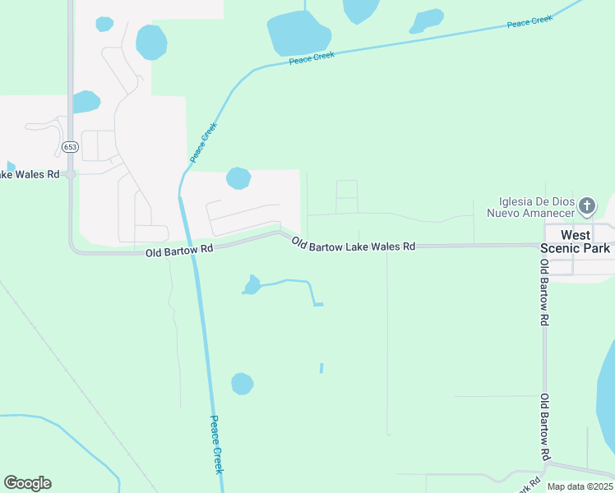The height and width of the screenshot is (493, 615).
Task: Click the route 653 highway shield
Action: pos(70,146)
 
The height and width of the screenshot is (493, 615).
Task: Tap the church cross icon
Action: pos(586,205)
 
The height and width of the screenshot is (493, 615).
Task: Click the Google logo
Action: pos(27,483)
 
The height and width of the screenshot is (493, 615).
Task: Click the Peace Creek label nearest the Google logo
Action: pos(217,444)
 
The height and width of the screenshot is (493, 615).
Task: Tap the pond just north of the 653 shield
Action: pos(86,102)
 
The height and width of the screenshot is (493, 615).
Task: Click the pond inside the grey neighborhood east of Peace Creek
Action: pos(238,177)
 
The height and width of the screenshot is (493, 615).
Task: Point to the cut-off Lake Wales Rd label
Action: pos(30,174)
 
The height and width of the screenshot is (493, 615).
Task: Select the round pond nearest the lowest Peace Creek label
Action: pos(242,384)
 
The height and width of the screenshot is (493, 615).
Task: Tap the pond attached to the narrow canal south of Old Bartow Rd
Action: pos(252,285)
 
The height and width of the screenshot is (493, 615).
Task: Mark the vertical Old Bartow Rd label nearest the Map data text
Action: pos(545,427)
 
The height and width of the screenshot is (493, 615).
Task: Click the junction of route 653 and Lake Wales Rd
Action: pos(71,174)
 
